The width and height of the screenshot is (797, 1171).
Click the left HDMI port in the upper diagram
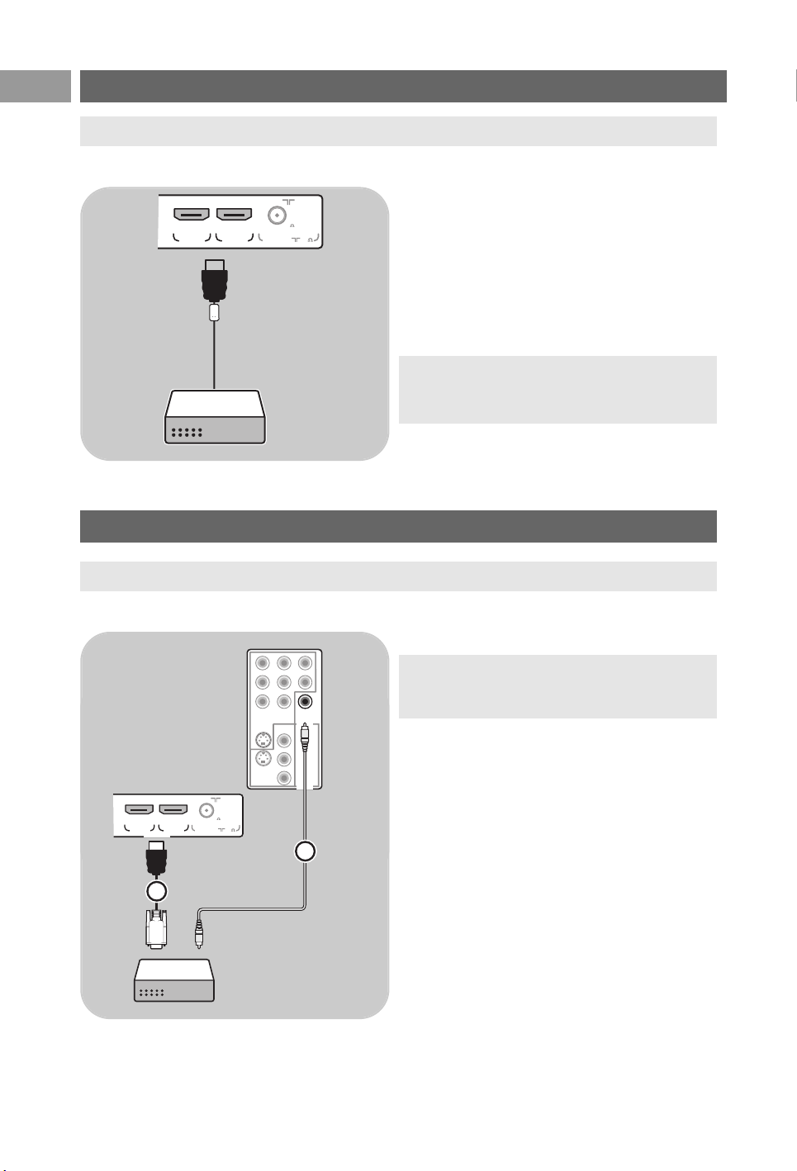pos(191,215)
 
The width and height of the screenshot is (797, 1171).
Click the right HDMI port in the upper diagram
pos(234,215)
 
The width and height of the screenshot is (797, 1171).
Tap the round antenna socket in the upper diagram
pos(278,216)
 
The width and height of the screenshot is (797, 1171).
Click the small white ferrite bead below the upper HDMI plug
pos(215,312)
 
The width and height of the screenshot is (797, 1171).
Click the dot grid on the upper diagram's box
pos(187,432)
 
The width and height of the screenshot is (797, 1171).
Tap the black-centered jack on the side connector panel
pos(305,702)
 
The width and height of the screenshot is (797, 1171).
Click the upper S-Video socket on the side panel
pos(262,740)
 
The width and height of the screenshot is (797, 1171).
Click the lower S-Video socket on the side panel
pos(262,759)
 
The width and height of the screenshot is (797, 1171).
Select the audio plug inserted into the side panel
pos(305,736)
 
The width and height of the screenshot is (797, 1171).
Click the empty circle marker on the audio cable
pos(306,851)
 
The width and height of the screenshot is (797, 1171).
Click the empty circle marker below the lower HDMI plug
pos(156,891)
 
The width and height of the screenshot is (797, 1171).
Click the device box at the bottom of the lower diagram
pos(174,980)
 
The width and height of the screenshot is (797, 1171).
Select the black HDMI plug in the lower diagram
pos(156,860)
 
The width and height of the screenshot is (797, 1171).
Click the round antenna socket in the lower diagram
pos(206,810)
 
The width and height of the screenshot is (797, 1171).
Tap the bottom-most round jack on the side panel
pos(284,778)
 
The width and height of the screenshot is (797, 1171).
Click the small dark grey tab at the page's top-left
pos(36,86)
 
